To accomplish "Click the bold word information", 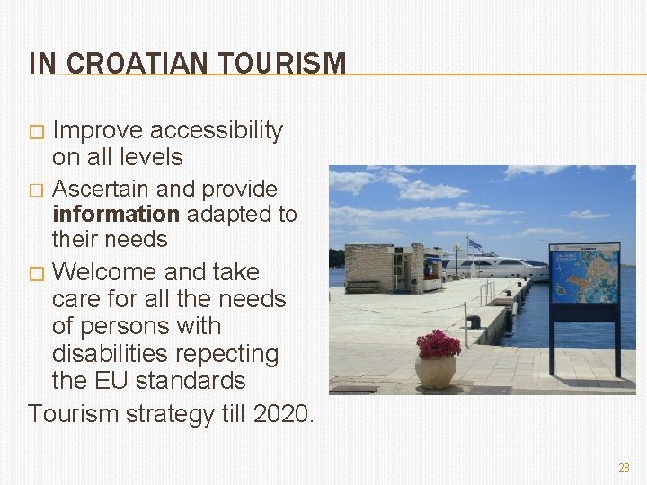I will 116,215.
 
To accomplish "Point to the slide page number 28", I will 624,468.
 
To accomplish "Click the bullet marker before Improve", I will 36,133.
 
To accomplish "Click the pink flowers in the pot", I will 438,343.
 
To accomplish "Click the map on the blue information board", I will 584,277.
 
